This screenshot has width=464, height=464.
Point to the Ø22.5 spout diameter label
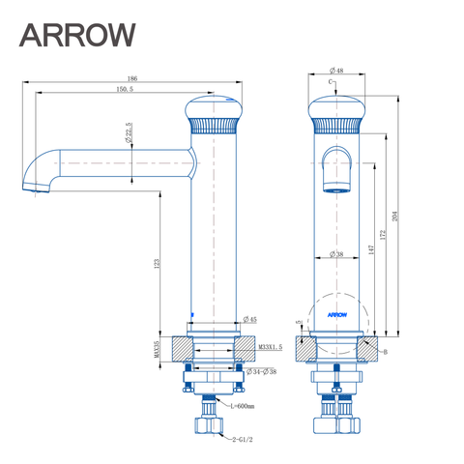tap(128, 132)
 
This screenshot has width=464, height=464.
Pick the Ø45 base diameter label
tap(249, 320)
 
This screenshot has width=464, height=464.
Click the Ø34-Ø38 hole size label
tap(261, 371)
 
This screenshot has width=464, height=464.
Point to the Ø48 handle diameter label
tap(337, 72)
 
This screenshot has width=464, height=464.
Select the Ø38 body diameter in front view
tap(336, 254)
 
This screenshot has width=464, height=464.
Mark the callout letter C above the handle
tap(330, 84)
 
